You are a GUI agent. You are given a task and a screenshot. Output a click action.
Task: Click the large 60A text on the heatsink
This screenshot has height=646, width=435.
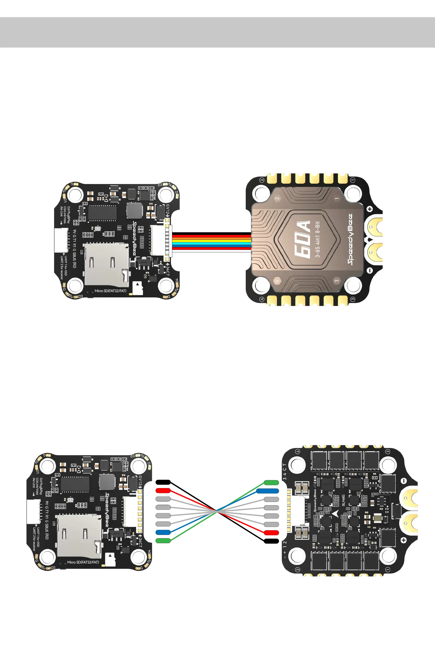point(302,240)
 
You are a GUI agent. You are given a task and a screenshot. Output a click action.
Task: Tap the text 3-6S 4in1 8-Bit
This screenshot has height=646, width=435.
point(318,239)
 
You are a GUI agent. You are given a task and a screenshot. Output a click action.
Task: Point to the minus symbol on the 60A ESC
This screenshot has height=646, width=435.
point(370,271)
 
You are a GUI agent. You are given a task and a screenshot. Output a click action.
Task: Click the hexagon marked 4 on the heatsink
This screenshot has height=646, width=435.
point(277,281)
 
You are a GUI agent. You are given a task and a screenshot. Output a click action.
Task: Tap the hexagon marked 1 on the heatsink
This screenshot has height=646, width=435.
point(337,198)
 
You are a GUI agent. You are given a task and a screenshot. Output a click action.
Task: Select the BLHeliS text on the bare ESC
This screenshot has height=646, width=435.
point(343,500)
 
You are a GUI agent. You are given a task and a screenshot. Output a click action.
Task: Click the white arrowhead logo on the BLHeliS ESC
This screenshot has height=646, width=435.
point(335,513)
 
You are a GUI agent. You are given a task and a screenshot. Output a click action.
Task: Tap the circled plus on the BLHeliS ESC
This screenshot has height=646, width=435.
point(404,540)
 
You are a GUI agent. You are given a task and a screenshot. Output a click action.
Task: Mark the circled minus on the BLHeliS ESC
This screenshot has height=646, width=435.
point(404,481)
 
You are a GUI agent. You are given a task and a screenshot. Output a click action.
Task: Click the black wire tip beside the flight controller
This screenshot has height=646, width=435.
point(163,482)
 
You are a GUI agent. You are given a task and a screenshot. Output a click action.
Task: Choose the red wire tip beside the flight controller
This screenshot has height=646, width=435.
point(163,490)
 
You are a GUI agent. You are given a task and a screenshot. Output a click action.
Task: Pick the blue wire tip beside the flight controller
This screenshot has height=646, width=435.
point(163,532)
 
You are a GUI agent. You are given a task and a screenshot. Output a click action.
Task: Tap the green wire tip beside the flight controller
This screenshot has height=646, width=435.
point(163,540)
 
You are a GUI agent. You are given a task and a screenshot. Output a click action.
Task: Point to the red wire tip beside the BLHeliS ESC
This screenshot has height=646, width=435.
point(271,533)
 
